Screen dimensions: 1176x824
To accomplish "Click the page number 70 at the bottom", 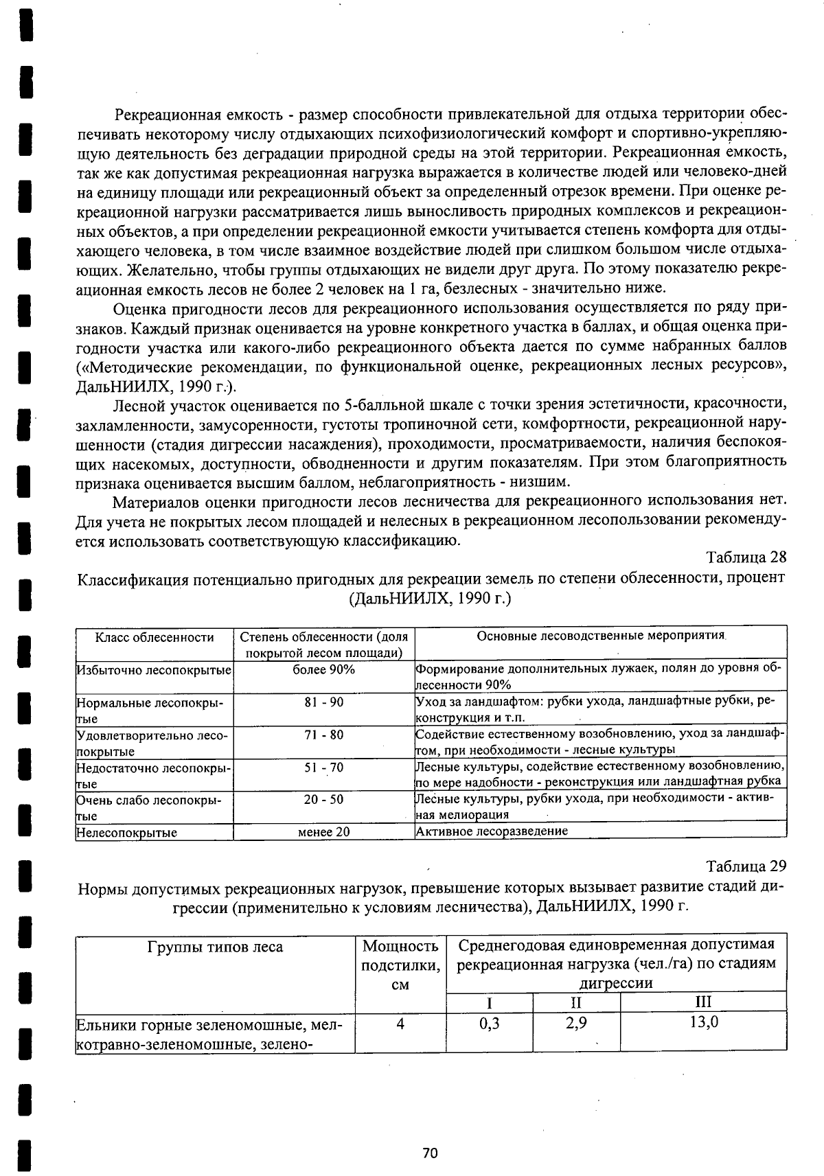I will coord(430,1153).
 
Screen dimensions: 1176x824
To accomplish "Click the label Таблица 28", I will coord(746,555).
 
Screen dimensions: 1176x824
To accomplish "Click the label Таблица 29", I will coord(746,865).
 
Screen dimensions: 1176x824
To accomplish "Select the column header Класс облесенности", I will coord(154,637).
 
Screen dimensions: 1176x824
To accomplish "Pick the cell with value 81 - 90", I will coord(323,702).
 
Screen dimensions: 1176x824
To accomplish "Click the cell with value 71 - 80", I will coord(323,735).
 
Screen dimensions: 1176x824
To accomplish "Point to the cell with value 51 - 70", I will coord(323,767).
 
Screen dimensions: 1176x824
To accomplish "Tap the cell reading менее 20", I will coord(323,832).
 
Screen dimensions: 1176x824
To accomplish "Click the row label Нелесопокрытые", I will coord(127,833).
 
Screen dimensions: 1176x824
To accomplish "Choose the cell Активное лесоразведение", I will coord(492,831).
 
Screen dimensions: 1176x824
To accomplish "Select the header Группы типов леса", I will coord(215,947).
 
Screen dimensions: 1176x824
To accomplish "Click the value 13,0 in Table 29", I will coord(704,1022).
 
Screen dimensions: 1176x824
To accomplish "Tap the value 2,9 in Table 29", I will coord(577,1022).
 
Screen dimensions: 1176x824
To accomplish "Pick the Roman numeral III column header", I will coord(703,1001).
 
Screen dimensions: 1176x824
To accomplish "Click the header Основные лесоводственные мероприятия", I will coord(602,636).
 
